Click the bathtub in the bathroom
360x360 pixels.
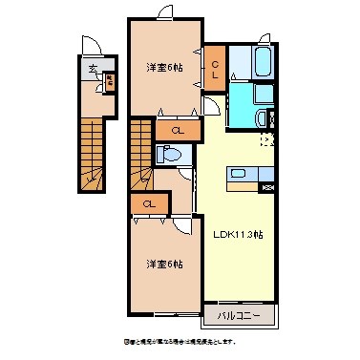click(253, 64)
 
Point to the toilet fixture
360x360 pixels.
click(168, 154)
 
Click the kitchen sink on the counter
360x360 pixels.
click(238, 173)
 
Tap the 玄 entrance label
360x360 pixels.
click(94, 69)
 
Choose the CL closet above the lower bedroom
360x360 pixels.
click(149, 203)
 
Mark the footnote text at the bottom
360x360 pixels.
click(180, 341)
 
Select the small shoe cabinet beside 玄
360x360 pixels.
click(109, 81)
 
